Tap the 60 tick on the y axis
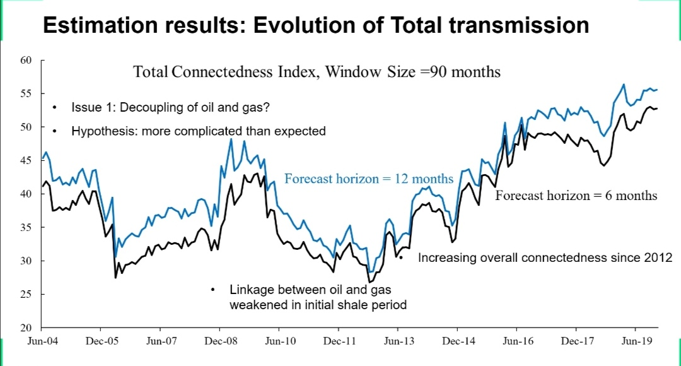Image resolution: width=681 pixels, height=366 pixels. (x=26, y=61)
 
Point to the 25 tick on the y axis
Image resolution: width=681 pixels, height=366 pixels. (x=26, y=295)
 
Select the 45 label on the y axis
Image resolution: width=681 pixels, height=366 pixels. (x=26, y=161)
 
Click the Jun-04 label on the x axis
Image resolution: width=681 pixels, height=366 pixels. (x=41, y=341)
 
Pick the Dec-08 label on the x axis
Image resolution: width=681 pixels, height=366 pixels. (x=219, y=341)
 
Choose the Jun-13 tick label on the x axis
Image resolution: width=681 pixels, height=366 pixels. (x=398, y=341)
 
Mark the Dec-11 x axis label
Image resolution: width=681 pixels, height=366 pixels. (x=339, y=341)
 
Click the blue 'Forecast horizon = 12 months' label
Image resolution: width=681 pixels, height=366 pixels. (x=369, y=179)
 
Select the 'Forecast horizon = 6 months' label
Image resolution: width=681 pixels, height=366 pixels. (x=576, y=196)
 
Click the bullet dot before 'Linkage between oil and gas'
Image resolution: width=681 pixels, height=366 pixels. (x=213, y=290)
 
